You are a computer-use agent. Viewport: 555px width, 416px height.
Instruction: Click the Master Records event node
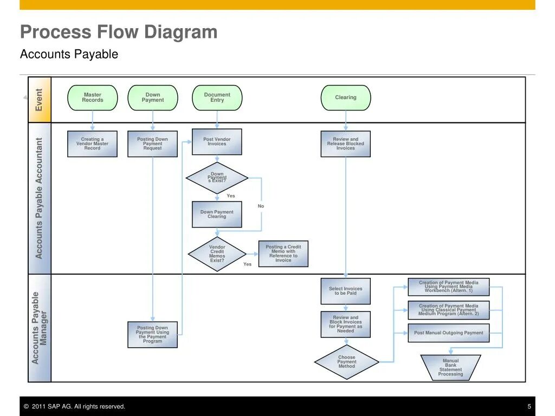(92, 97)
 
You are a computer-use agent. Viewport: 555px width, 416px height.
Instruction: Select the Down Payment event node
(152, 97)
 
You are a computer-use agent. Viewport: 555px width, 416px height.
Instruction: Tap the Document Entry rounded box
(217, 97)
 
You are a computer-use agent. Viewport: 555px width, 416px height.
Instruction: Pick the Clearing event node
(345, 97)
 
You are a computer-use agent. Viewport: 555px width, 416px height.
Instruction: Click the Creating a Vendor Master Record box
(92, 144)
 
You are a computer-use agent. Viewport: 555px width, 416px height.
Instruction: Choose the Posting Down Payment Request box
(152, 144)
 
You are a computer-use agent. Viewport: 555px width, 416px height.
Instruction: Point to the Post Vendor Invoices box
(217, 142)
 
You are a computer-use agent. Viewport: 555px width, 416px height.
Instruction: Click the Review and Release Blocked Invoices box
(345, 144)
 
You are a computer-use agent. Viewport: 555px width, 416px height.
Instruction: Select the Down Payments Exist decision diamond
(217, 178)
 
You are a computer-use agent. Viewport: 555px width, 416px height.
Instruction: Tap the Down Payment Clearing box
(217, 214)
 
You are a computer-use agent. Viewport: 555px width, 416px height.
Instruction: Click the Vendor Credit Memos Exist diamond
(217, 253)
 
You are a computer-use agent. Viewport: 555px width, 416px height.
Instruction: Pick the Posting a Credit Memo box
(283, 253)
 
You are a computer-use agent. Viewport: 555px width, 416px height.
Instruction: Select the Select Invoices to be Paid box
(345, 291)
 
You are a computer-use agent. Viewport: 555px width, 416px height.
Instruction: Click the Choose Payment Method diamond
(346, 362)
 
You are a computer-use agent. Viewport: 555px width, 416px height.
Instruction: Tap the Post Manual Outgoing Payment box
(448, 333)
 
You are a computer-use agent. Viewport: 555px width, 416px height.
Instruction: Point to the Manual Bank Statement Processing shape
(450, 367)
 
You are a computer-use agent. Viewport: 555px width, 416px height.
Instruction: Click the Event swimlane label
(40, 100)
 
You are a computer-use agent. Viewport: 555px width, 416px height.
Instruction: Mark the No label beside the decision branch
(261, 206)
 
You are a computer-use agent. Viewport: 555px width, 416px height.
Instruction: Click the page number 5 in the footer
(529, 407)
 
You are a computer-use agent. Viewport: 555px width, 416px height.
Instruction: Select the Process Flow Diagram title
(119, 32)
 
